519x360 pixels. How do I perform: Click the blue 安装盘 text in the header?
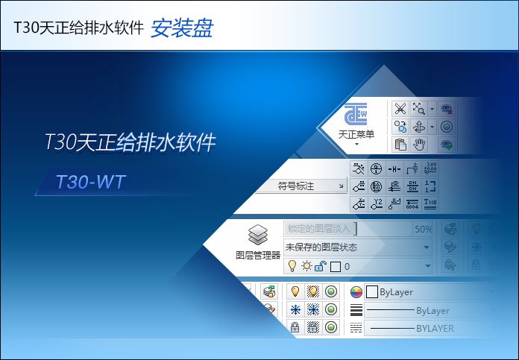182,28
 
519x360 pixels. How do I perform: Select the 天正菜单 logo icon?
356,116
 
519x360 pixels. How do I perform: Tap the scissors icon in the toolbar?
400,109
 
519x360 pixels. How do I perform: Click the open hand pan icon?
419,144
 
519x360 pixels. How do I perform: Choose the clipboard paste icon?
400,144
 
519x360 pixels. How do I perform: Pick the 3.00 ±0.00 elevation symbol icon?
431,168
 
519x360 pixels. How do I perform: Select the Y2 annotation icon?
377,203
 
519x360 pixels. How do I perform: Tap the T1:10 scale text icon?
431,203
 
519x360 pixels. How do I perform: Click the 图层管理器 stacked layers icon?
258,235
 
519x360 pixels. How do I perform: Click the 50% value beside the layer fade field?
423,229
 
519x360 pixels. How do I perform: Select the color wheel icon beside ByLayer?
356,292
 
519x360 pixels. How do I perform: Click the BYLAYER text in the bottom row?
434,328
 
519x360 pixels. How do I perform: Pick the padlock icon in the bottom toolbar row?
295,328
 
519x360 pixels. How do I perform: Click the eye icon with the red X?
447,109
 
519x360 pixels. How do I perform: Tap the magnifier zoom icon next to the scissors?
420,109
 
